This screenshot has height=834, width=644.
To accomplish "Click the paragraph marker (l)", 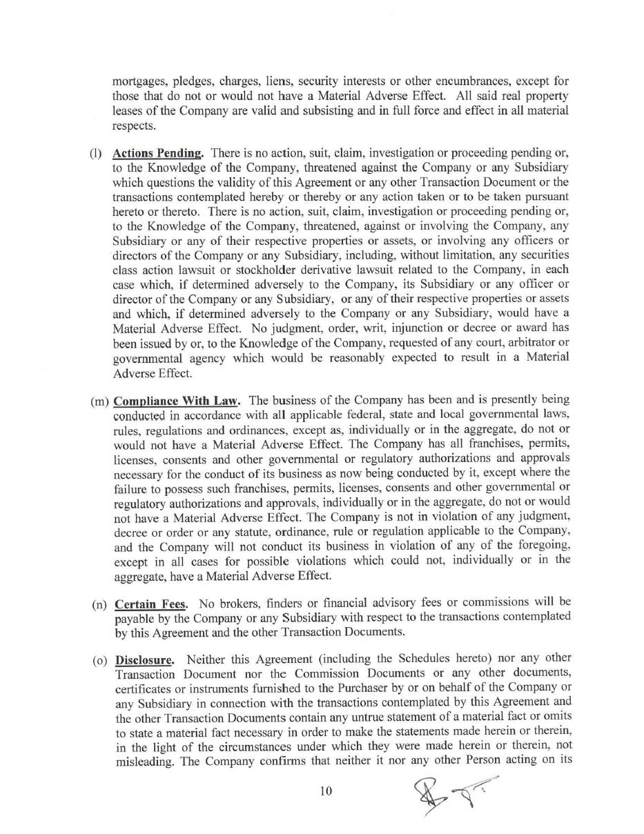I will [95, 153].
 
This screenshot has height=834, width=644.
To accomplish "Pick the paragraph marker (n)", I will [99, 606].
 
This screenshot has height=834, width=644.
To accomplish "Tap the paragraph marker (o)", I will [100, 660].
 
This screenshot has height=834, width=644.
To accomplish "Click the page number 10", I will [326, 791].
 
